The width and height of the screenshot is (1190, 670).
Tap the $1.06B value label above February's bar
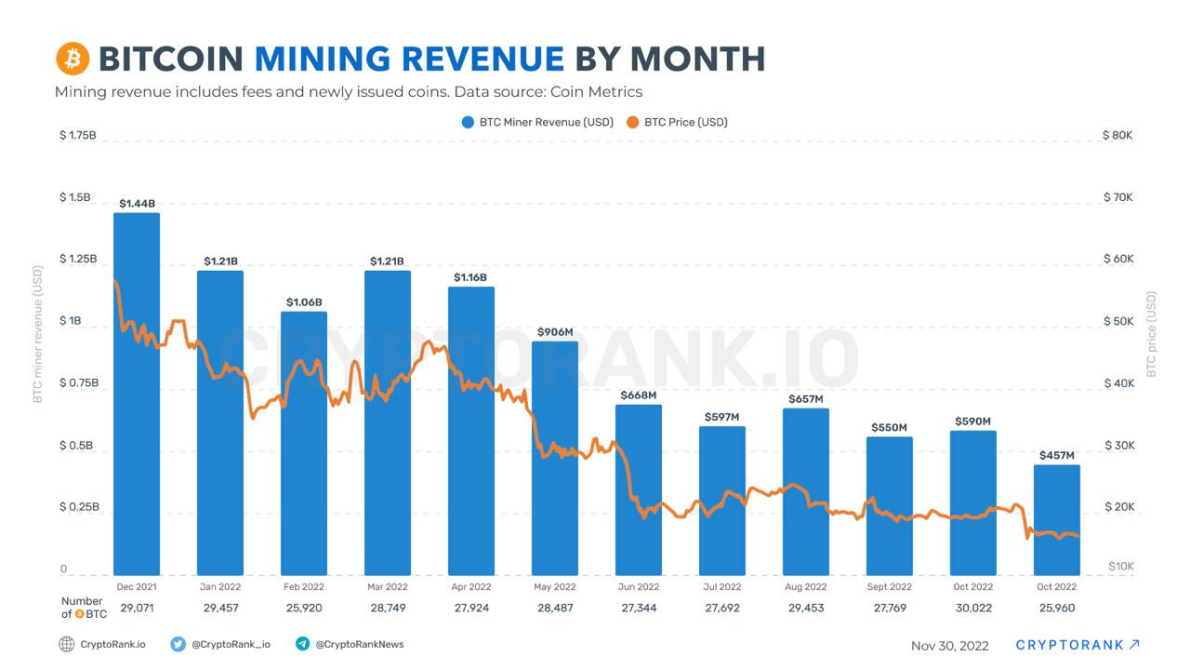[x=304, y=302]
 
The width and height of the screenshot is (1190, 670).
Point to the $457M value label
[x=1056, y=456]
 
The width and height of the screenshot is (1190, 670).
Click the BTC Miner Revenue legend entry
[x=538, y=122]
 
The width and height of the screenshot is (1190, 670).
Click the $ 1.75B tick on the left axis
[x=78, y=135]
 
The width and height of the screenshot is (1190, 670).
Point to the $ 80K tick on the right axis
[x=1117, y=135]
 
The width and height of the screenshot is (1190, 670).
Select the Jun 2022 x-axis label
[x=639, y=587]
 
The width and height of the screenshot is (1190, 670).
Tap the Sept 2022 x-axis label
[x=890, y=587]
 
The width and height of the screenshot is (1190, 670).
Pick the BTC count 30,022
[x=973, y=608]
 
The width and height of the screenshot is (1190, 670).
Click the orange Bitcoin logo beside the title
[x=73, y=59]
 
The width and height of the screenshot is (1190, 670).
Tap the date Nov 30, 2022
[x=950, y=645]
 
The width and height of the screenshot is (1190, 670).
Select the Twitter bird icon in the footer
[x=178, y=643]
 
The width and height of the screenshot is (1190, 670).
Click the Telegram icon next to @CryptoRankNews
[x=302, y=643]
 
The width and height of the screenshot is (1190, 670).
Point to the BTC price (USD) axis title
[x=1152, y=334]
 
